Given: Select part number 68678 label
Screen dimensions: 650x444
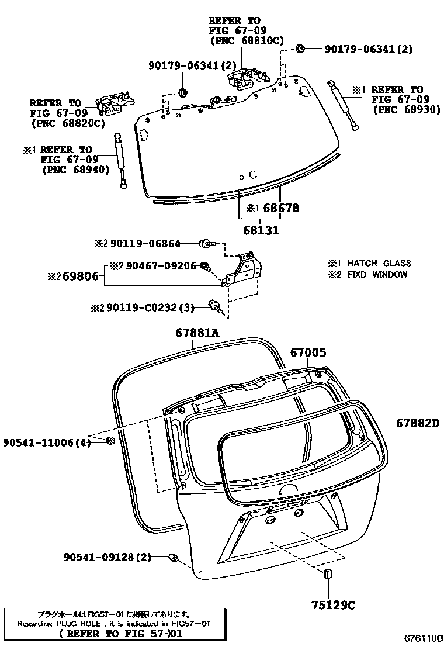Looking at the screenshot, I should (280, 208).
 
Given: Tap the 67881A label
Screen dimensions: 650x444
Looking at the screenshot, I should (197, 333).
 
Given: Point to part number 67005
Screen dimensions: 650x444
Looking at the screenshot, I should (308, 352).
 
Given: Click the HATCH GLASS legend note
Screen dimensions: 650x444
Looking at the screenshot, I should (376, 263).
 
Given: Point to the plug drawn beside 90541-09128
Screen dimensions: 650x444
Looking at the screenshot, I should (173, 558).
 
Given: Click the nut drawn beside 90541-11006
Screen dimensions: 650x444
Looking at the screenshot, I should (110, 440).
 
